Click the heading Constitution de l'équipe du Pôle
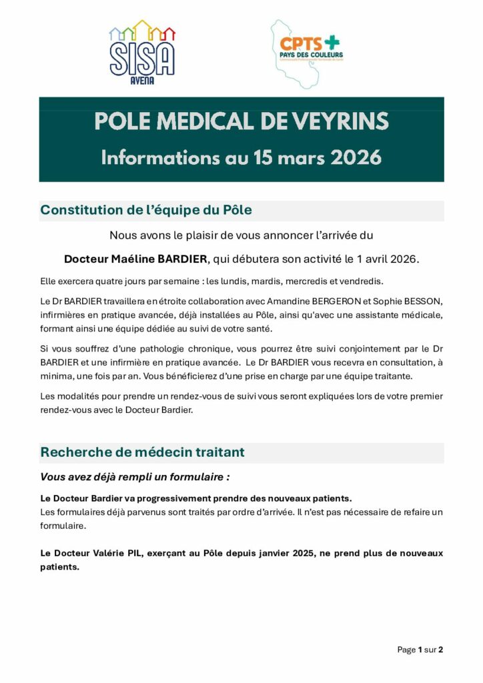tap(146, 210)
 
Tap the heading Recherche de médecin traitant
tap(142, 452)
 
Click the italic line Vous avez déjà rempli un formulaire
tap(135, 477)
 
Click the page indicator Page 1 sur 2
tap(420, 650)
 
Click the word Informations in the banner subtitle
tap(156, 158)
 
